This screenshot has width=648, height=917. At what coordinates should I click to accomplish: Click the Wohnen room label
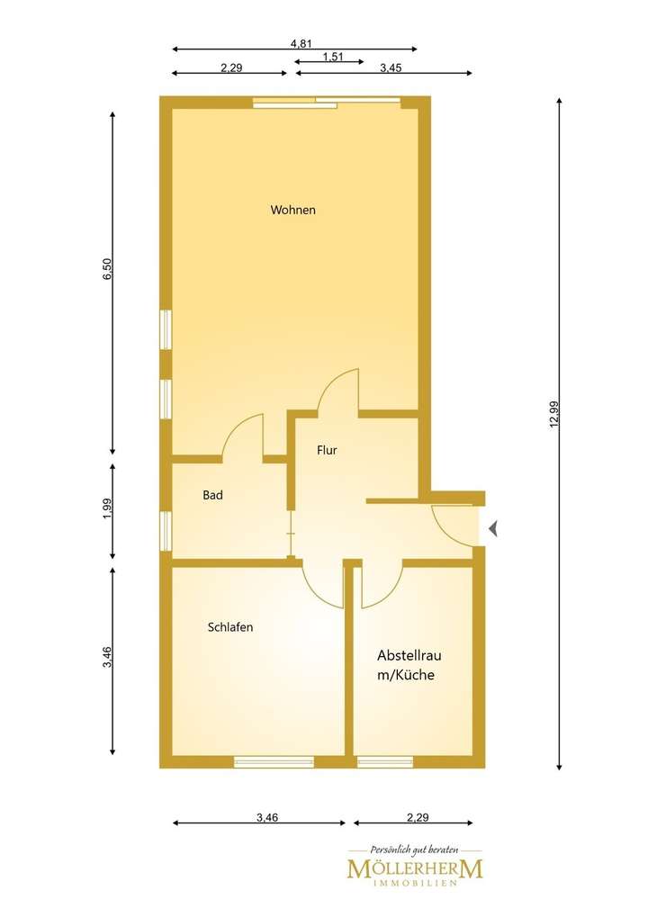tap(293, 210)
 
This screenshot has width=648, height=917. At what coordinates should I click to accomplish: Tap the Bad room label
tap(212, 495)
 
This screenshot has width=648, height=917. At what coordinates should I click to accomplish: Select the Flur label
tap(327, 450)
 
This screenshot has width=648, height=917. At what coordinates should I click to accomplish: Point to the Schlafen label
tap(229, 627)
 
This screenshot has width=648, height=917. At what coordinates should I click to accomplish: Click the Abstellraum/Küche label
tap(409, 665)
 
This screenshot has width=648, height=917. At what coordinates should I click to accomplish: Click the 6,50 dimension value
tap(107, 270)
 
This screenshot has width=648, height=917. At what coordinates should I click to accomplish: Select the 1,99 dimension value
tap(107, 508)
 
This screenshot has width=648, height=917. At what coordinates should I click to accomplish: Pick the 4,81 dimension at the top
tap(301, 42)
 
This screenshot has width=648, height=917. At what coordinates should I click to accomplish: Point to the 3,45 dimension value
tap(391, 67)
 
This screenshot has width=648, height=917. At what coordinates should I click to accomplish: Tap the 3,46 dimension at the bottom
tap(267, 818)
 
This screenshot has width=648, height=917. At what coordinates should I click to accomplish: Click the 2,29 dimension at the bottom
tap(417, 818)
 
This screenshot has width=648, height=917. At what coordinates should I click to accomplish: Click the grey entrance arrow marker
tap(492, 529)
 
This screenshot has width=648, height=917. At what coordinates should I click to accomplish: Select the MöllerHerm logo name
tap(415, 868)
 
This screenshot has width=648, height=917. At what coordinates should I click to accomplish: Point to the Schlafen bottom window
tap(274, 761)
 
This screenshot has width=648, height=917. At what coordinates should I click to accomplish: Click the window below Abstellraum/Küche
tap(385, 761)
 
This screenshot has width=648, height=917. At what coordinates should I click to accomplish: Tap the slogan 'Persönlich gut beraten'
tap(415, 849)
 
